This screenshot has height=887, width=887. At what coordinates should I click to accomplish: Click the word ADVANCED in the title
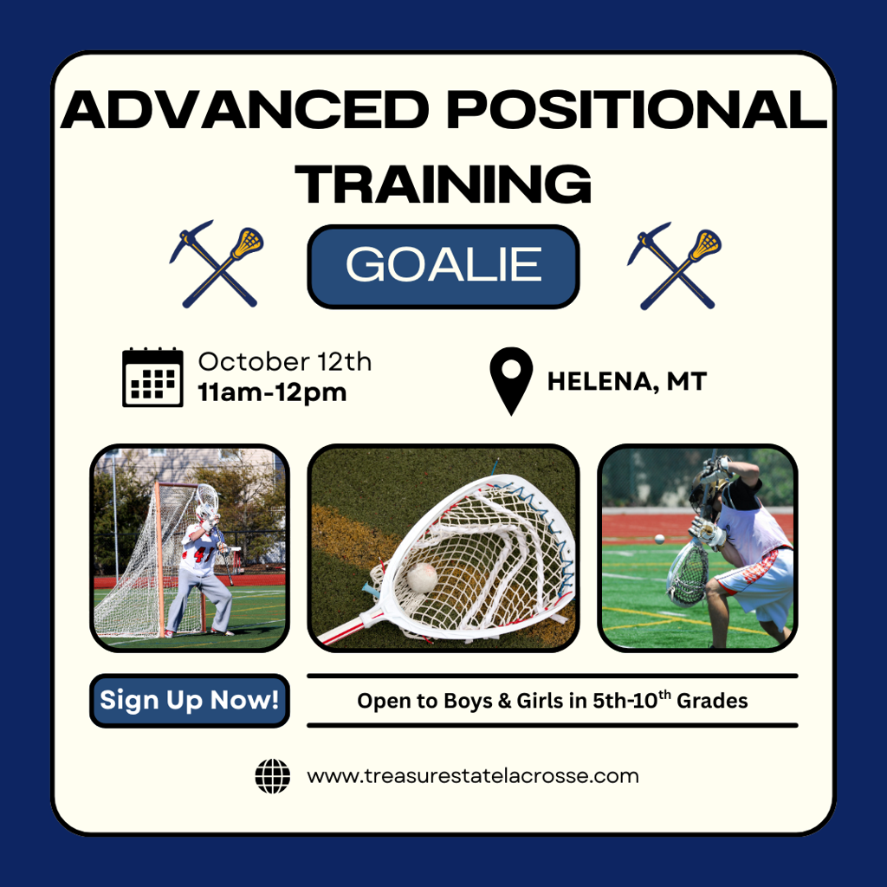tap(245, 109)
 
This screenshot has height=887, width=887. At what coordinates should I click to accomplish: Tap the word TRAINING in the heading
tap(443, 184)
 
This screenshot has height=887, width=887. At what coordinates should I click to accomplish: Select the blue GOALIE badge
tap(443, 267)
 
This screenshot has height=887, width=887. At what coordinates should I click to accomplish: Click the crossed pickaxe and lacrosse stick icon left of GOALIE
tap(217, 264)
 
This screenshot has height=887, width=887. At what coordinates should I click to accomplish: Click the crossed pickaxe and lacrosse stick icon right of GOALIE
tap(674, 266)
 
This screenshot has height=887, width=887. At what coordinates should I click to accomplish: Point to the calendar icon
tap(152, 378)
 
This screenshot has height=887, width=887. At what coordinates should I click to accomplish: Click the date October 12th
tap(284, 362)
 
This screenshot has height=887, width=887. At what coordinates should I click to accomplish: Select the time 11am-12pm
tap(272, 392)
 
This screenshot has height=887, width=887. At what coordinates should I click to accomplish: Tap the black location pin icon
tap(511, 381)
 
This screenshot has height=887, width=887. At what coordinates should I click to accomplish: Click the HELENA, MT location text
tap(627, 382)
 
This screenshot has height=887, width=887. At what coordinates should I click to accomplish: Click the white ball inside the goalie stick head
tap(422, 578)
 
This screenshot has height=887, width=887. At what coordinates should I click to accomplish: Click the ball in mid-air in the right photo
tap(659, 539)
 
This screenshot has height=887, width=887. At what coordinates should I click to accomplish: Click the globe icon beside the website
tap(273, 776)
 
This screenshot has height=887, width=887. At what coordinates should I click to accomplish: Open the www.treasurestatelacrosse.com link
tap(473, 776)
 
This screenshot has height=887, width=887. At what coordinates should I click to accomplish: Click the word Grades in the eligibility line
tap(712, 702)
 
